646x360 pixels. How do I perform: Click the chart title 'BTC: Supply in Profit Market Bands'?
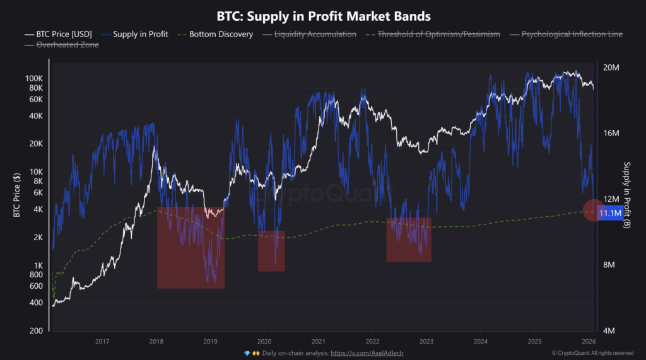pos(322,15)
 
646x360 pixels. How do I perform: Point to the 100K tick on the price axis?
pos(33,78)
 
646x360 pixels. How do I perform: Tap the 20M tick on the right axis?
pos(613,67)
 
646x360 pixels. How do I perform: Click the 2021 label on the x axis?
pos(318,342)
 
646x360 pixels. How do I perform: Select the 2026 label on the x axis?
pos(587,342)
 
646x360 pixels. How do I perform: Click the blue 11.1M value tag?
pos(610,214)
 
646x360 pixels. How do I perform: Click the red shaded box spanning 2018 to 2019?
pos(191,247)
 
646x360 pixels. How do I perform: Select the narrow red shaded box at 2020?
pos(271,250)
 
